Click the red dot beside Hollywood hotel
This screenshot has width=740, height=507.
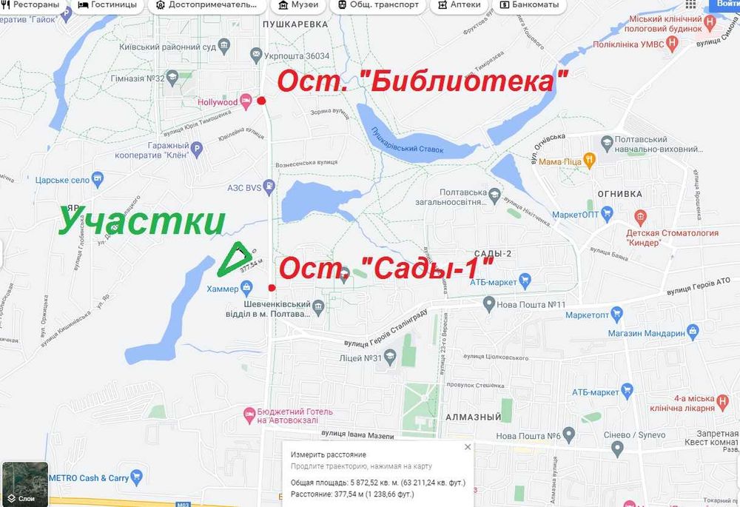pos(261,101)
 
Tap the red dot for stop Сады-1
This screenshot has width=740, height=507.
pos(272,287)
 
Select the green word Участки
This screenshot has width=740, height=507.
pos(141,221)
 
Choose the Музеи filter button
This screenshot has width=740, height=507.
pos(299,5)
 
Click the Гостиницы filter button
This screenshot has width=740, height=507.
pos(108,5)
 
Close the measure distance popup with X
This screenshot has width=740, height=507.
pos(467,447)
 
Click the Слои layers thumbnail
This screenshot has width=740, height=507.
pos(25,484)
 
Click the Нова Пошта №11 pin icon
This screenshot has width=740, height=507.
pos(488,303)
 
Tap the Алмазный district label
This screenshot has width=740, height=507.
pos(474,417)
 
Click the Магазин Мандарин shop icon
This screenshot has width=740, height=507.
pos(693,331)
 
